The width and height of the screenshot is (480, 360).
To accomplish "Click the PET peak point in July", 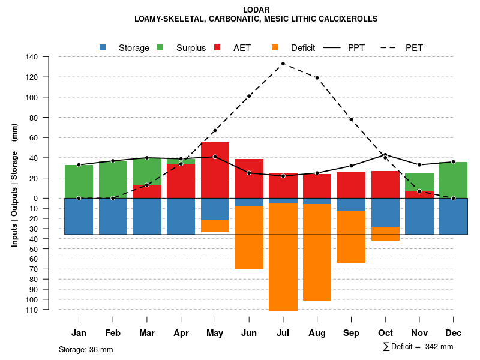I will [283, 64].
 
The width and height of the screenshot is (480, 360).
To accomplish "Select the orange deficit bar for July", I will [283, 257].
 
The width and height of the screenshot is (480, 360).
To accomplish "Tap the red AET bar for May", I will [215, 170].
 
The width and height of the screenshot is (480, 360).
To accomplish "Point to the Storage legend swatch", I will [103, 47].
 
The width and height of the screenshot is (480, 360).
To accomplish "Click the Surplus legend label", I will [191, 48].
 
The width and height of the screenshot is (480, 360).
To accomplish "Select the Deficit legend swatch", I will [275, 47].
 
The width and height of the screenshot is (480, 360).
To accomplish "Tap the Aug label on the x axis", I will [317, 333].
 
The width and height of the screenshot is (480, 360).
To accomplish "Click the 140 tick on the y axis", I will [32, 57].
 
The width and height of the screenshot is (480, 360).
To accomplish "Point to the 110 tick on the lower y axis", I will [32, 310].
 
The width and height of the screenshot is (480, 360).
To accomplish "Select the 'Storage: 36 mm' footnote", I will [86, 349].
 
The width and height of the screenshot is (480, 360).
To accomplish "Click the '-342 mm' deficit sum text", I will [437, 347].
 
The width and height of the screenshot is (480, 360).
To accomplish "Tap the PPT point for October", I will [385, 155].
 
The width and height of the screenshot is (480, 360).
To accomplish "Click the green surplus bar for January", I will [79, 181].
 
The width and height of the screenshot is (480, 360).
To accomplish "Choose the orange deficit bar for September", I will [351, 236].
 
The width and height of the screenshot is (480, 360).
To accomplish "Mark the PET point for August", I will [317, 78].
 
